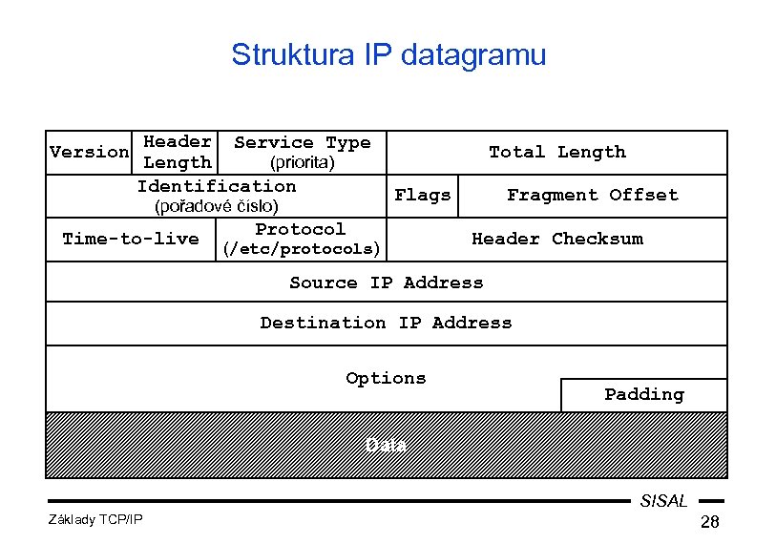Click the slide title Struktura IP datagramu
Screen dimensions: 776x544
point(388,54)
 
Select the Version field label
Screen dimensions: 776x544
point(89,152)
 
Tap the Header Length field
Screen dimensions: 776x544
point(177,152)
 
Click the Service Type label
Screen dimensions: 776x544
point(302,142)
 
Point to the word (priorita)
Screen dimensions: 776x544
point(302,162)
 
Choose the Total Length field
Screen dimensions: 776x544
point(556,152)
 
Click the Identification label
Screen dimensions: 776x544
point(217,186)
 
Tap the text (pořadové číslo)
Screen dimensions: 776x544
point(217,206)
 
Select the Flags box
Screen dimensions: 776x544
point(422,195)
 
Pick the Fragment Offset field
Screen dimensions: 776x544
point(592,195)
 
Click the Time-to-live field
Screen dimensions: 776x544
point(130,239)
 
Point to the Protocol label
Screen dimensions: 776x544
point(301,229)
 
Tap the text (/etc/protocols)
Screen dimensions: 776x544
point(301,249)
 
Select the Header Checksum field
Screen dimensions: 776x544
point(556,239)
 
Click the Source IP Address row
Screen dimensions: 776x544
point(386,282)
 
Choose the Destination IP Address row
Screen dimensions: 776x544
point(386,323)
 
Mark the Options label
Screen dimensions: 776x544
point(386,378)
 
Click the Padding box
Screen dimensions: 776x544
point(643,394)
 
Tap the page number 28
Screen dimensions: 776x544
point(709,522)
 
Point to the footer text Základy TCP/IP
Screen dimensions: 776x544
point(94,519)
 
